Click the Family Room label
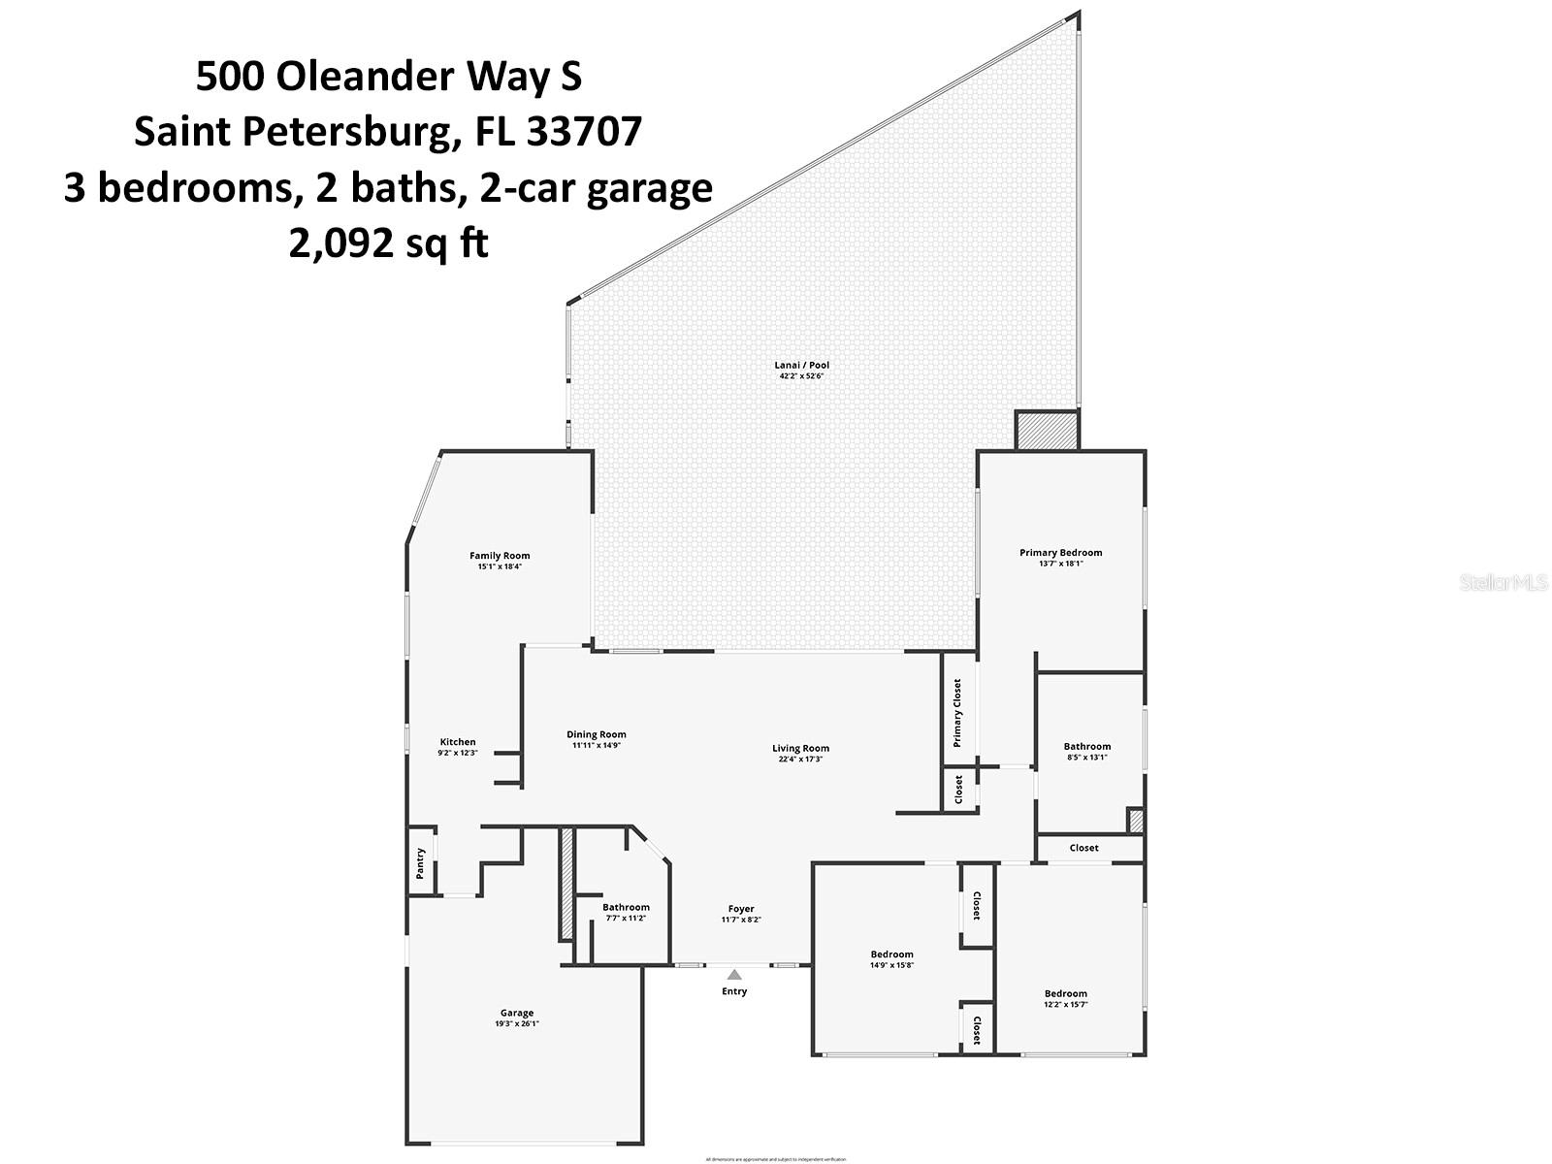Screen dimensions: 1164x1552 [500, 556]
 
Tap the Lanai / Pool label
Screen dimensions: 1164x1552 [801, 366]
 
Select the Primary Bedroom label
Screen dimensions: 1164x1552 [1060, 553]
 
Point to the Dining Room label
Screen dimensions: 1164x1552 [597, 734]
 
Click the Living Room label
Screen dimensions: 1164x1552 [800, 748]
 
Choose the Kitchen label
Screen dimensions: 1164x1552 [458, 742]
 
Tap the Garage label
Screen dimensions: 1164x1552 [517, 1013]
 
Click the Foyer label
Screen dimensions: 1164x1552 [741, 909]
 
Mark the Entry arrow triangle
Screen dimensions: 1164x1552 [734, 975]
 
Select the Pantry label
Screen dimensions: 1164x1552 [420, 863]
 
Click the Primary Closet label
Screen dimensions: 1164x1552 [957, 713]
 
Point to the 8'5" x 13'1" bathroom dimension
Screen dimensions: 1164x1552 [1086, 758]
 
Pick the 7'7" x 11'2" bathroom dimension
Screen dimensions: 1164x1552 [626, 918]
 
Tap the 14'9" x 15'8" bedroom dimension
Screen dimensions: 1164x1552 [891, 965]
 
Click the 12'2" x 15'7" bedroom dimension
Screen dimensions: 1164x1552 [1065, 1004]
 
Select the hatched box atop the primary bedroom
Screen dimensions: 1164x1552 [1047, 430]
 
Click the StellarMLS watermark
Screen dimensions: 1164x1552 [1503, 583]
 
